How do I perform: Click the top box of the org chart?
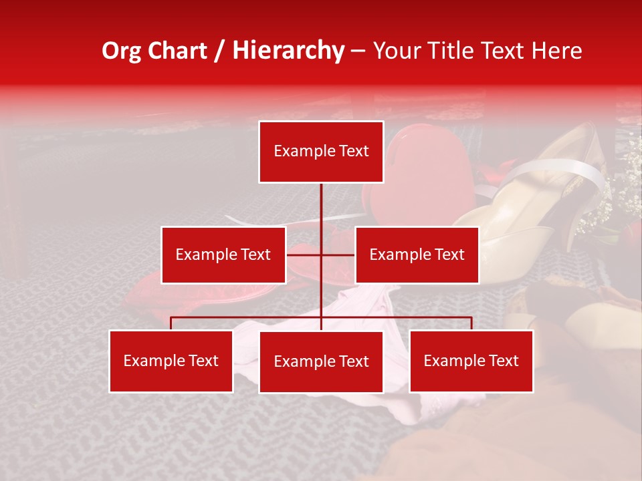[321, 152]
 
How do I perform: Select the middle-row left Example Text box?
[223, 255]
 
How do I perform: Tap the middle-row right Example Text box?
[417, 255]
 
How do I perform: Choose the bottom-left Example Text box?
[171, 361]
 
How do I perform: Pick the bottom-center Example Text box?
[321, 361]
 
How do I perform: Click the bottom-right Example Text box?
[471, 361]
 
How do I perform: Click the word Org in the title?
[121, 51]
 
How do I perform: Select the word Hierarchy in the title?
[288, 51]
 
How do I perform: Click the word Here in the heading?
[556, 51]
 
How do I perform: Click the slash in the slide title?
[219, 51]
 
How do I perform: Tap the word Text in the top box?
[353, 152]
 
